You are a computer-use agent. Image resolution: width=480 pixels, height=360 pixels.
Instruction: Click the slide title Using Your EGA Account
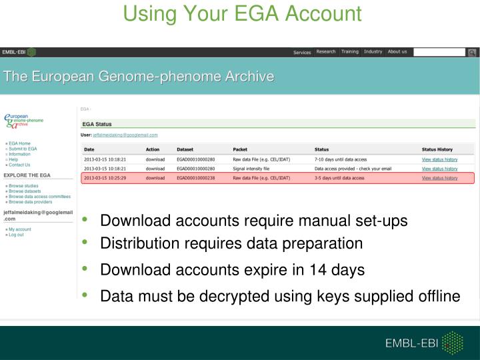tap(243, 13)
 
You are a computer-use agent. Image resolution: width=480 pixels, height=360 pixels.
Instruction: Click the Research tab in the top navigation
tap(326, 52)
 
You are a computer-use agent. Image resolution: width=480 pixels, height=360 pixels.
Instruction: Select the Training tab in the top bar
tap(349, 52)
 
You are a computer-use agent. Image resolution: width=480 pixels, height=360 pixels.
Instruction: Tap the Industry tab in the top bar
tap(373, 52)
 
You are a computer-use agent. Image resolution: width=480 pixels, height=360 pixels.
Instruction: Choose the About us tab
tap(397, 52)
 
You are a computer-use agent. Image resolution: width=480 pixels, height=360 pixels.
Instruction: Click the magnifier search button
tap(471, 52)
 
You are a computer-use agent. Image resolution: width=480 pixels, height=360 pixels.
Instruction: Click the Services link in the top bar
tap(302, 53)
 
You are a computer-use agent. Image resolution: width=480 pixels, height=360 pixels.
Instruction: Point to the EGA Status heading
tap(97, 124)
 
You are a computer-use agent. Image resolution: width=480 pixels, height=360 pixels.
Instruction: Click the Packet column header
tap(240, 149)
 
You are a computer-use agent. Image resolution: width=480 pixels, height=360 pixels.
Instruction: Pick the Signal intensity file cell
tap(253, 169)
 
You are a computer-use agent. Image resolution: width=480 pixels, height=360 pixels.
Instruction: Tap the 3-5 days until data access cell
tap(339, 179)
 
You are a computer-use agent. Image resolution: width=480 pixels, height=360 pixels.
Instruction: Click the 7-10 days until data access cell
tap(341, 159)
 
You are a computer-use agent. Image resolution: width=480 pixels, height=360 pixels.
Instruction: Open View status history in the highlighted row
tap(440, 179)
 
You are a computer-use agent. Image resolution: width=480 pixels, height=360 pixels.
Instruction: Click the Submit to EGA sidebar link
tap(23, 149)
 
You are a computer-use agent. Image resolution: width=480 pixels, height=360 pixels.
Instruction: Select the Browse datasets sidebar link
tap(25, 191)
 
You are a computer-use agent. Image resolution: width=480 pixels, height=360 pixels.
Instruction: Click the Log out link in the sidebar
tap(17, 235)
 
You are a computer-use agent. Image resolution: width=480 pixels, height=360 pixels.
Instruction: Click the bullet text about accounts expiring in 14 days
tap(232, 269)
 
